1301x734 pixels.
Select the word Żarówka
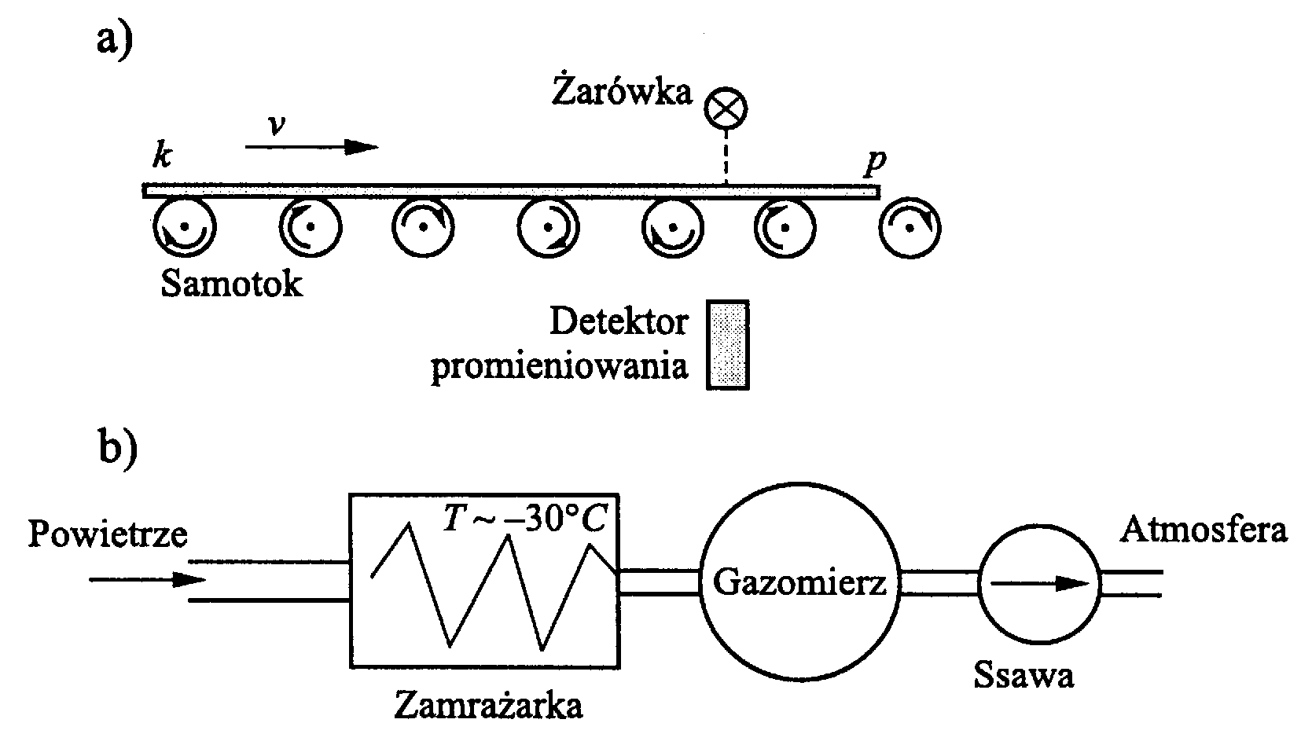tap(621, 92)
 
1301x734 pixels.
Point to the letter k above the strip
tap(163, 157)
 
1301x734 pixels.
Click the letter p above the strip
tap(874, 162)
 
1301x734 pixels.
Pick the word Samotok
tap(231, 284)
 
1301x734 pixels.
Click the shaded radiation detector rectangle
tap(728, 344)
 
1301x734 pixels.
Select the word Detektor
tap(619, 321)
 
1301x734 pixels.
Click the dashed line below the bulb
tap(726, 158)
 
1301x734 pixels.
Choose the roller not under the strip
tap(910, 228)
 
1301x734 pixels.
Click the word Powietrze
tap(108, 535)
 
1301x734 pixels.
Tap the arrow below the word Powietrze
tap(147, 580)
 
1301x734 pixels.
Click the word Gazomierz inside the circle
tap(799, 583)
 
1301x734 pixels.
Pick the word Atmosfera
tap(1204, 530)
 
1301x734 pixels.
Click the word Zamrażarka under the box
tap(488, 706)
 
